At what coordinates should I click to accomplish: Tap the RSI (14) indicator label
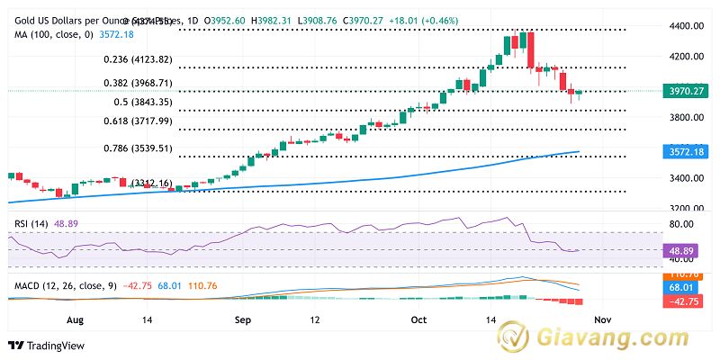[29, 221]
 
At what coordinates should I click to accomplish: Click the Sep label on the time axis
[240, 319]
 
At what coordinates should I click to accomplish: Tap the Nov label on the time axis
[603, 319]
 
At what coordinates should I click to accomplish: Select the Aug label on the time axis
[76, 319]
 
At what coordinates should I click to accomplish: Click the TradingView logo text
[49, 346]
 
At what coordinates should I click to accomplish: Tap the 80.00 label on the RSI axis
[686, 224]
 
